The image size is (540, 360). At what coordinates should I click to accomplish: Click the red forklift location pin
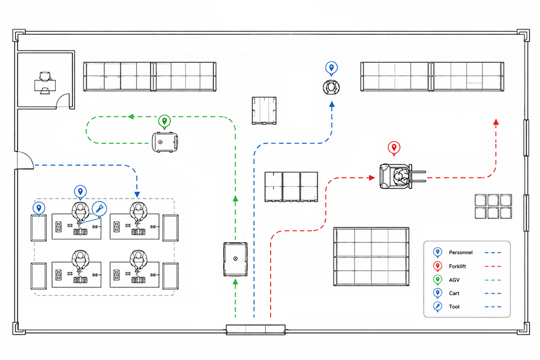click(394, 148)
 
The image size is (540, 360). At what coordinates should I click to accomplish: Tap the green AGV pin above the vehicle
click(164, 122)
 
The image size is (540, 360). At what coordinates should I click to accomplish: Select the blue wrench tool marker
click(99, 209)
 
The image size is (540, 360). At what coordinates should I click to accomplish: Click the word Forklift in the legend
click(457, 266)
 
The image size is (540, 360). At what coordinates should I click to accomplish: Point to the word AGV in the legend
click(454, 280)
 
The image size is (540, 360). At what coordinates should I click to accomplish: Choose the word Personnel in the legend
click(460, 253)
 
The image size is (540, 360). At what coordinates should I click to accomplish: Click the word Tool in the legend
click(454, 307)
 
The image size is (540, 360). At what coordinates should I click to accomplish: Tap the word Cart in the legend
click(454, 293)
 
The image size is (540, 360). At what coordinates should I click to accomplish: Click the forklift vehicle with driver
click(402, 176)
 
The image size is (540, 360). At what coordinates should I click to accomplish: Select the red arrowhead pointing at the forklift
click(372, 178)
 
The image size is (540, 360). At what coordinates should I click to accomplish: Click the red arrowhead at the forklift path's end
click(496, 122)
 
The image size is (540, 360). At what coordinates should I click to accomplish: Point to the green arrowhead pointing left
click(131, 117)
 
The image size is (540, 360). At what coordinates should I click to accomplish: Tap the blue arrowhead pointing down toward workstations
click(137, 194)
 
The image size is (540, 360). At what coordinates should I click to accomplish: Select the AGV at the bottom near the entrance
click(235, 259)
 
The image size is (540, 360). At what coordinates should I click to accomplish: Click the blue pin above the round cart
click(331, 68)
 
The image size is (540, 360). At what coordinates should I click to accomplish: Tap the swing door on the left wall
click(25, 161)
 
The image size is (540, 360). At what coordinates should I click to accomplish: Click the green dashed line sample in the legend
click(493, 280)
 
